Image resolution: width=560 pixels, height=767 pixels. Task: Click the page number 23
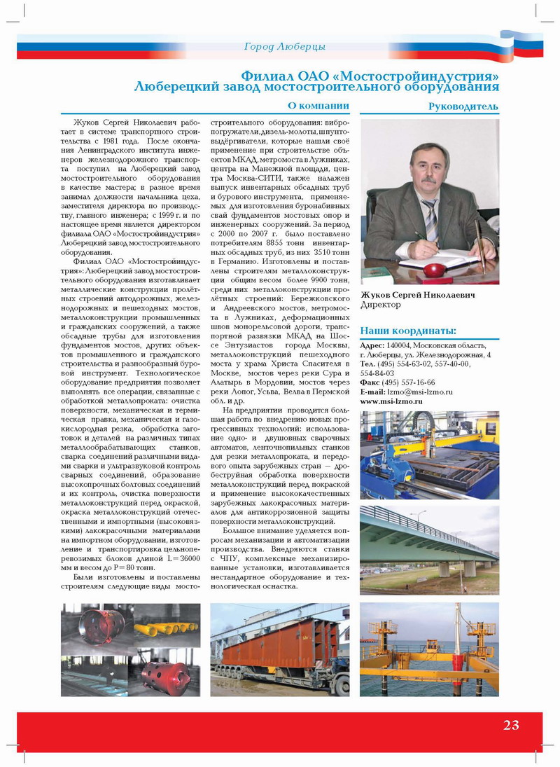click(511, 725)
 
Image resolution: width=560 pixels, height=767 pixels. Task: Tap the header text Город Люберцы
click(284, 47)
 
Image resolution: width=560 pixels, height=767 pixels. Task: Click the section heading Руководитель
click(463, 106)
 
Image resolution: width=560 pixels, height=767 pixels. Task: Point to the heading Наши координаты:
click(408, 331)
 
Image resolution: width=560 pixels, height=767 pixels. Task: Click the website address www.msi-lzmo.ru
click(391, 402)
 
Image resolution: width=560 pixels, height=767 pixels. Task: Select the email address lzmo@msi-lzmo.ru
click(420, 392)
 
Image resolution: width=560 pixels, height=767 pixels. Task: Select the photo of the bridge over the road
click(429, 550)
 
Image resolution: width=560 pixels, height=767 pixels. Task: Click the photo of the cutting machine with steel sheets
click(429, 455)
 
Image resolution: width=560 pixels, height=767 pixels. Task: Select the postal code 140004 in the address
click(399, 346)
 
